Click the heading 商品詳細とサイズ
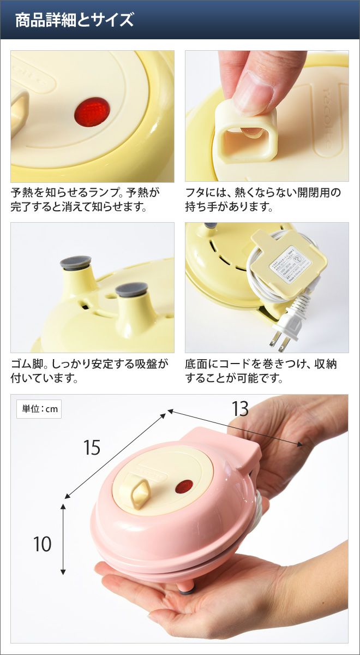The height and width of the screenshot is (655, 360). (x=74, y=20)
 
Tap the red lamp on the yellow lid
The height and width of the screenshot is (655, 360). (x=92, y=112)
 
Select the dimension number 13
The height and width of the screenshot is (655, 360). (x=240, y=408)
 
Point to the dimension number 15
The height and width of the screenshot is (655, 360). (x=92, y=447)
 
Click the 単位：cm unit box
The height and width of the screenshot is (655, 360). (x=39, y=409)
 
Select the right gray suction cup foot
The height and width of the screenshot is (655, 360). (x=130, y=289)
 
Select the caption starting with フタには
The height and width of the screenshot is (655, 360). (x=263, y=200)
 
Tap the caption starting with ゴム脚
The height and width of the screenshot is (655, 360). (x=89, y=371)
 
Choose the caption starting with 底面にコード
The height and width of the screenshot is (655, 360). (x=261, y=371)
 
